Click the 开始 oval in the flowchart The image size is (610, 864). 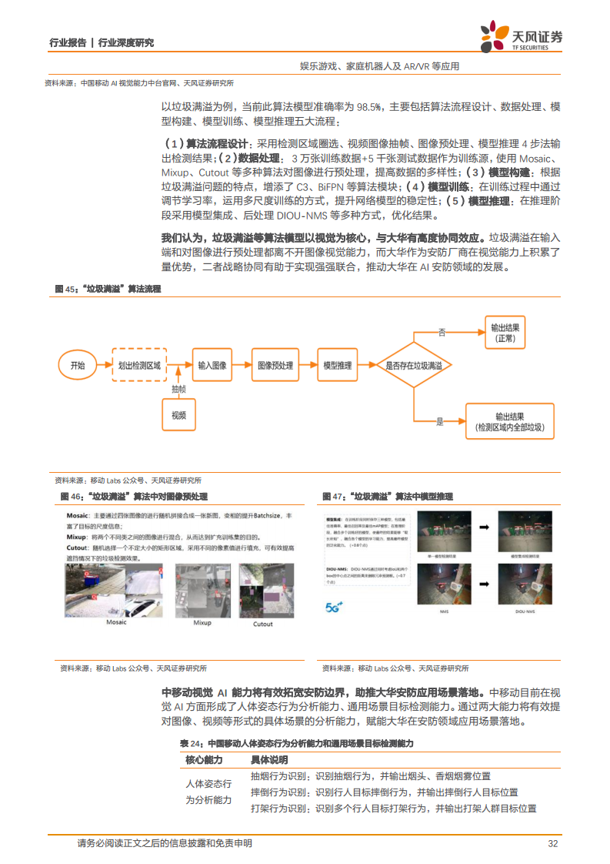pyautogui.click(x=78, y=366)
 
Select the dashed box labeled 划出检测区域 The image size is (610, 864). pyautogui.click(x=138, y=366)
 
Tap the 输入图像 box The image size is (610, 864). pyautogui.click(x=212, y=366)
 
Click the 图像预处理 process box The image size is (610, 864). pyautogui.click(x=275, y=366)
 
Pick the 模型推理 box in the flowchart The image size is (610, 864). pyautogui.click(x=337, y=366)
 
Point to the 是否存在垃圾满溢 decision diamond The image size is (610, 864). pyautogui.click(x=414, y=366)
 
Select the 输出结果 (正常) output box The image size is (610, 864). pyautogui.click(x=505, y=333)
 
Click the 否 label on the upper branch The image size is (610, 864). pyautogui.click(x=442, y=332)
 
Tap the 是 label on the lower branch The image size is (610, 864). pyautogui.click(x=441, y=422)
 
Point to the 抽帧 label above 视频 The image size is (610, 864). pyautogui.click(x=178, y=390)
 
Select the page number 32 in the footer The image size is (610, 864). pyautogui.click(x=552, y=843)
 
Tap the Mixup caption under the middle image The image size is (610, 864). pyautogui.click(x=202, y=622)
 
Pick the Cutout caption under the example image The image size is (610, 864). pyautogui.click(x=262, y=624)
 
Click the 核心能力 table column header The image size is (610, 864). pyautogui.click(x=204, y=759)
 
